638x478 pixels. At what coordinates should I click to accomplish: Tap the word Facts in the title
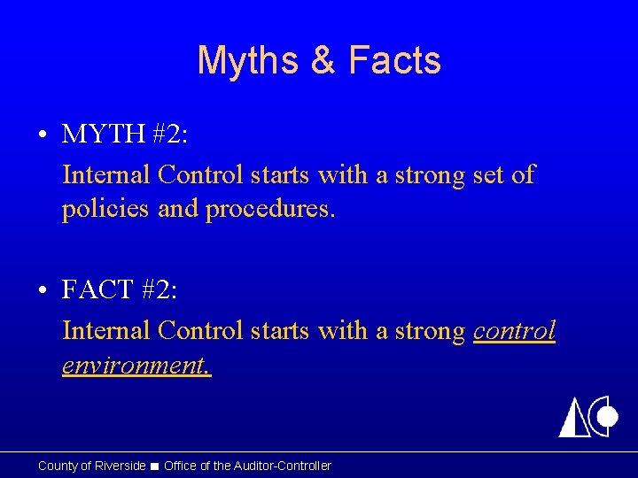[394, 60]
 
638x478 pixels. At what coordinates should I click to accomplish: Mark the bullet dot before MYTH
[43, 135]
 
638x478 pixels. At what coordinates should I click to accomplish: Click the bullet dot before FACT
[43, 290]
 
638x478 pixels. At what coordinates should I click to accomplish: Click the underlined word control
[515, 330]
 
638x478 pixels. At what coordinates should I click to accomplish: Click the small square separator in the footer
[154, 466]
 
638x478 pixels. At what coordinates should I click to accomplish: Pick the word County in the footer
[58, 466]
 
